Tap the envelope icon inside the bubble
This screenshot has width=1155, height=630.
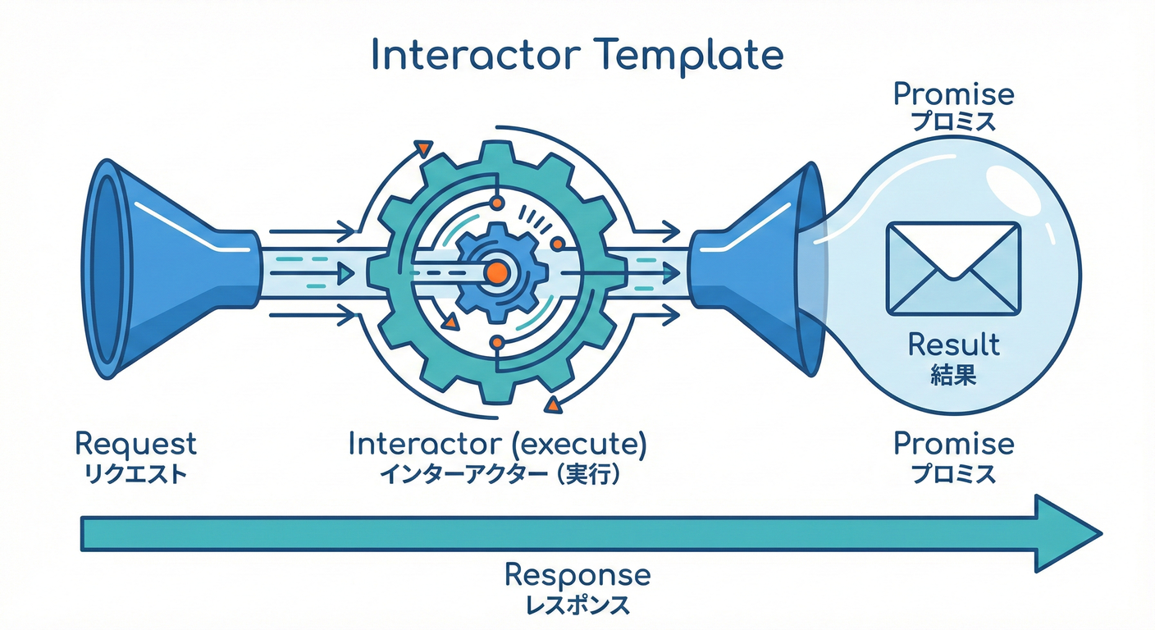(x=953, y=268)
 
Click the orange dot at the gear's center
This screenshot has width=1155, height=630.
(x=495, y=272)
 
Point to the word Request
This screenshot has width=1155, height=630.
(x=135, y=444)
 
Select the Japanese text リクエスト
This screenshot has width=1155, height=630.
(x=135, y=474)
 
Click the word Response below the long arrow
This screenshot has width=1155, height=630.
(x=577, y=574)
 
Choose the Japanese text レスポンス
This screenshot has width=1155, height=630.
(x=577, y=605)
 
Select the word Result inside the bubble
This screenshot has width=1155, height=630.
(x=954, y=344)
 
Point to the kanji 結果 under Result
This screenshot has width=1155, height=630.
(x=954, y=375)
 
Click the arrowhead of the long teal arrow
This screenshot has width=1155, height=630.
(x=1066, y=533)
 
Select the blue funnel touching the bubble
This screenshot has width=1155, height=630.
(x=759, y=269)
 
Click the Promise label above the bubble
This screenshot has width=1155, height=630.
(x=953, y=94)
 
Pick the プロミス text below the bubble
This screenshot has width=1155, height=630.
(x=953, y=474)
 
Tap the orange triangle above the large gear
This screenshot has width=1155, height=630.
(x=424, y=148)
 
